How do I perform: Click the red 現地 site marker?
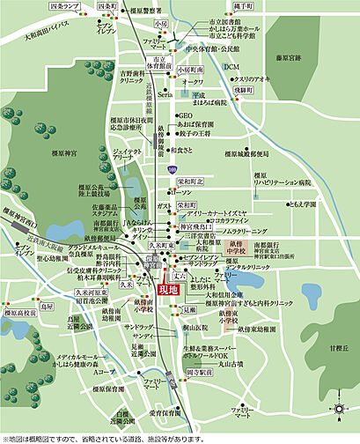pyautogui.click(x=167, y=288)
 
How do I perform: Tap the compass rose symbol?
pyautogui.click(x=338, y=408)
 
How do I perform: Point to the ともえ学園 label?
pyautogui.click(x=303, y=203)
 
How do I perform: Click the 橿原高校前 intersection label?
pyautogui.click(x=17, y=313)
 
